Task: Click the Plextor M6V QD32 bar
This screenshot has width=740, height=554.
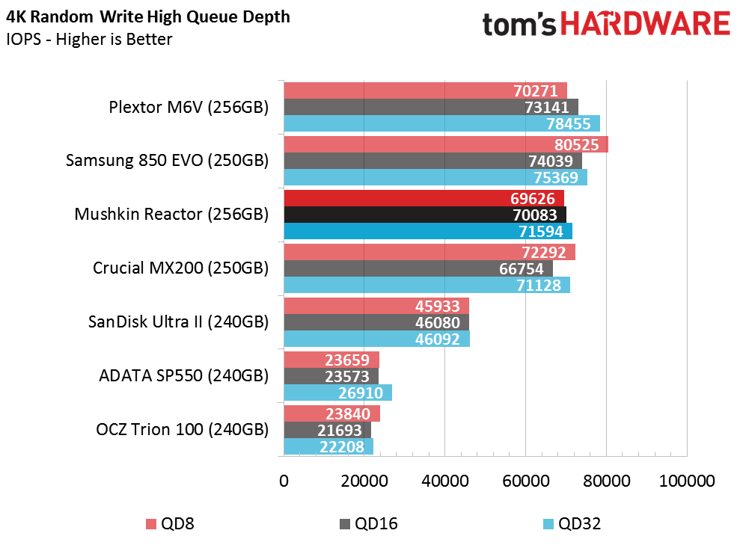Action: point(441,123)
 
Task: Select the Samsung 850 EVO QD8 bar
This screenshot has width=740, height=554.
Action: point(446,144)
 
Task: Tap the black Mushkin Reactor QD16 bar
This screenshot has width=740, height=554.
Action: point(425,215)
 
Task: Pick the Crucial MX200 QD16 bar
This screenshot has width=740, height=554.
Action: point(418,268)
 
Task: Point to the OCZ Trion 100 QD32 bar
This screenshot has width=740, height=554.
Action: point(328,446)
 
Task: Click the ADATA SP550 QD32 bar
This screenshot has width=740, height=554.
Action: point(338,393)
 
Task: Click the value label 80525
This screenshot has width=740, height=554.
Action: point(577,145)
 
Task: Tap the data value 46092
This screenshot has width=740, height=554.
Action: point(438,339)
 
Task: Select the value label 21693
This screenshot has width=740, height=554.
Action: point(340,430)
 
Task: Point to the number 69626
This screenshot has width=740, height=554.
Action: point(533,198)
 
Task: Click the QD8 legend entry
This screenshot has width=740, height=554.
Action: point(171,523)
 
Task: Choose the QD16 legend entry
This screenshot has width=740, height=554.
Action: point(369,523)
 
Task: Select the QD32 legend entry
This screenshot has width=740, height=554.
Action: point(572,523)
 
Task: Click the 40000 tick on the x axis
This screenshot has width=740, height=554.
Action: point(445,481)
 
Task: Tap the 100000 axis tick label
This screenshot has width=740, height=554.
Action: point(687,481)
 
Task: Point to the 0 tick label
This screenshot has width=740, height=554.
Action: point(284,481)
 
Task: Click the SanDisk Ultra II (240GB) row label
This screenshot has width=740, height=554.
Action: point(178,322)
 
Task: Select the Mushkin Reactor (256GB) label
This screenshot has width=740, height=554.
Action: point(171,214)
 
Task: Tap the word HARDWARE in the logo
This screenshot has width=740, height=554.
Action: point(646,24)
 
